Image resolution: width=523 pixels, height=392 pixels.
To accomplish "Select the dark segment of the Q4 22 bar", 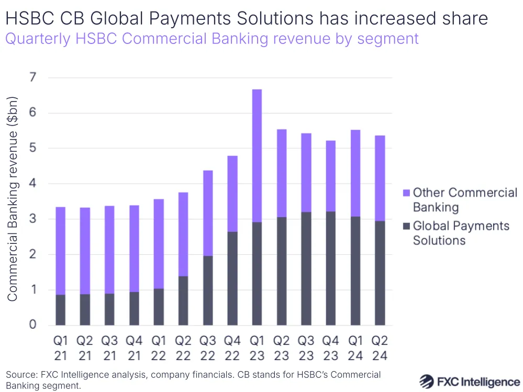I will (232, 278).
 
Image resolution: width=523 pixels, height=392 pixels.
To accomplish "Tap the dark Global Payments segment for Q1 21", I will (61, 309).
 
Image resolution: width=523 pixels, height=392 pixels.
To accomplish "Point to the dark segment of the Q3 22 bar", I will (208, 290).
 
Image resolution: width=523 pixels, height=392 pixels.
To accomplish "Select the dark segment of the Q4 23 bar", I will (330, 268).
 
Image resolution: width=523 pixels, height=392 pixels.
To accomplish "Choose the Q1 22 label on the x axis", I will (159, 348).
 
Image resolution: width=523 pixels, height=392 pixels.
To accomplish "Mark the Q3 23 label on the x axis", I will (306, 348).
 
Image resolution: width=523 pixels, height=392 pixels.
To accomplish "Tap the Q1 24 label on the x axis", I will (355, 348).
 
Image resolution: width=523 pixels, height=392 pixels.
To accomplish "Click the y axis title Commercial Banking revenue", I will (13, 199).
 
